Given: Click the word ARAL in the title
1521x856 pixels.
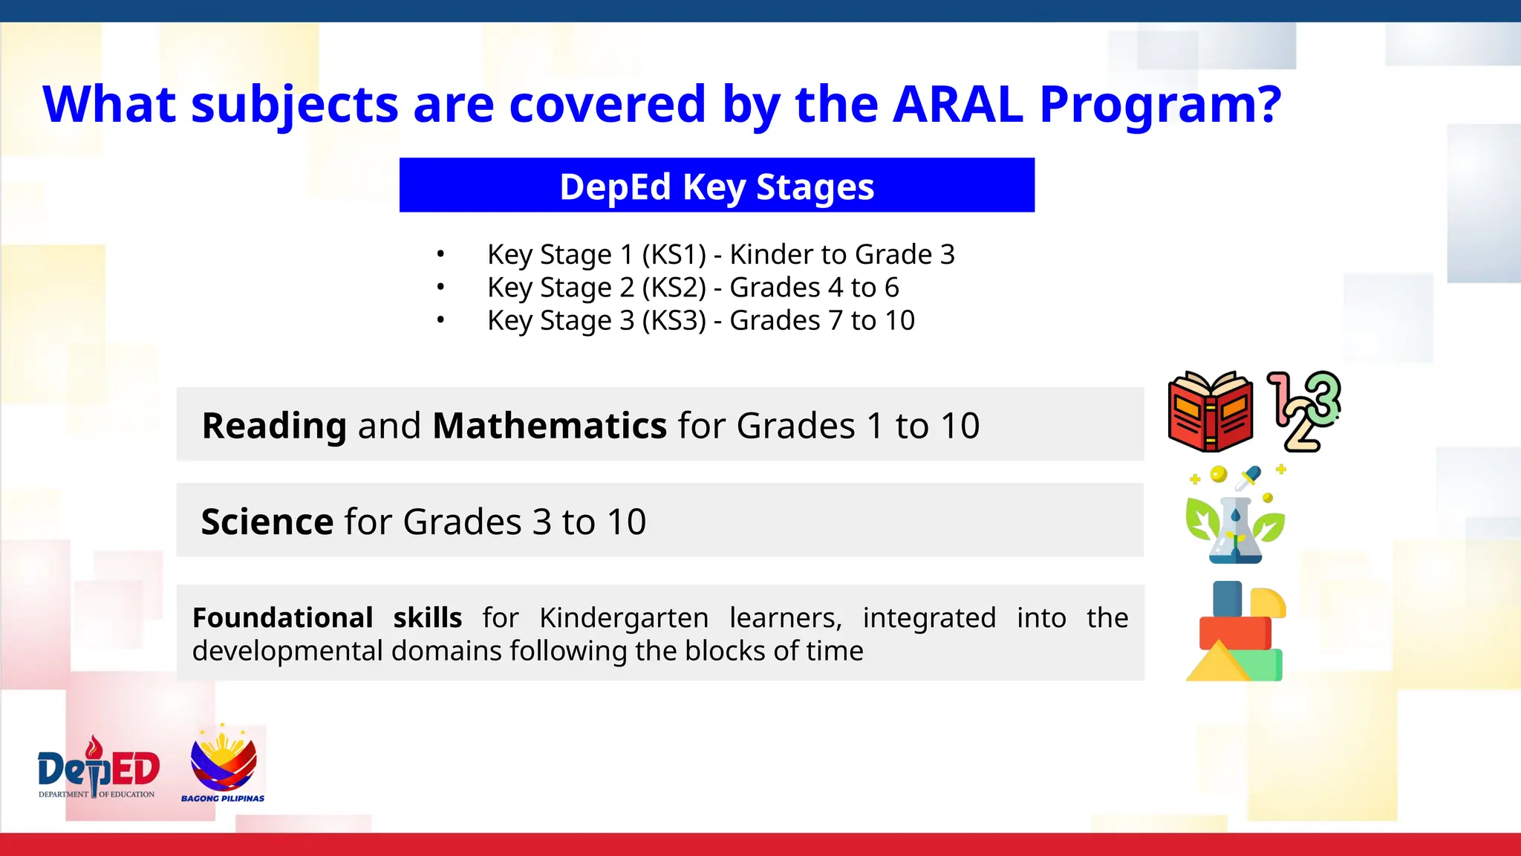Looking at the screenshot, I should pos(958,104).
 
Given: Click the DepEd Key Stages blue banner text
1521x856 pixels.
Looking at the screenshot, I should pos(717,186).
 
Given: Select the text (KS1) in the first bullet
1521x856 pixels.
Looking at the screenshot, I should pos(674,255).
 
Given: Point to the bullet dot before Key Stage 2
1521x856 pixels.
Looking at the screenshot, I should pos(440,287).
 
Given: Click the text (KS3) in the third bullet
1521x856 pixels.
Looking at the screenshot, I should pos(674,320).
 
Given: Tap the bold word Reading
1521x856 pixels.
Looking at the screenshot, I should pos(274,426).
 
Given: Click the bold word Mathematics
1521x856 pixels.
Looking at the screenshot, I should pos(550,426).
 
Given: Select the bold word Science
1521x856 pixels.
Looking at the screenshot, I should pos(267,522).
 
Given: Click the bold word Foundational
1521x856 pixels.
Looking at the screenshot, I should pos(282,617).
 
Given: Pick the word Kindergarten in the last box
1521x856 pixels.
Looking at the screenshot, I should pos(624,617).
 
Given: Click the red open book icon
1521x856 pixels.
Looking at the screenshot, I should pos(1211,412).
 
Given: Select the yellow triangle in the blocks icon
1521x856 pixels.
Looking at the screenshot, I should pos(1218,663).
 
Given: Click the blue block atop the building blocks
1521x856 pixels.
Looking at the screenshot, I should pos(1227,598).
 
